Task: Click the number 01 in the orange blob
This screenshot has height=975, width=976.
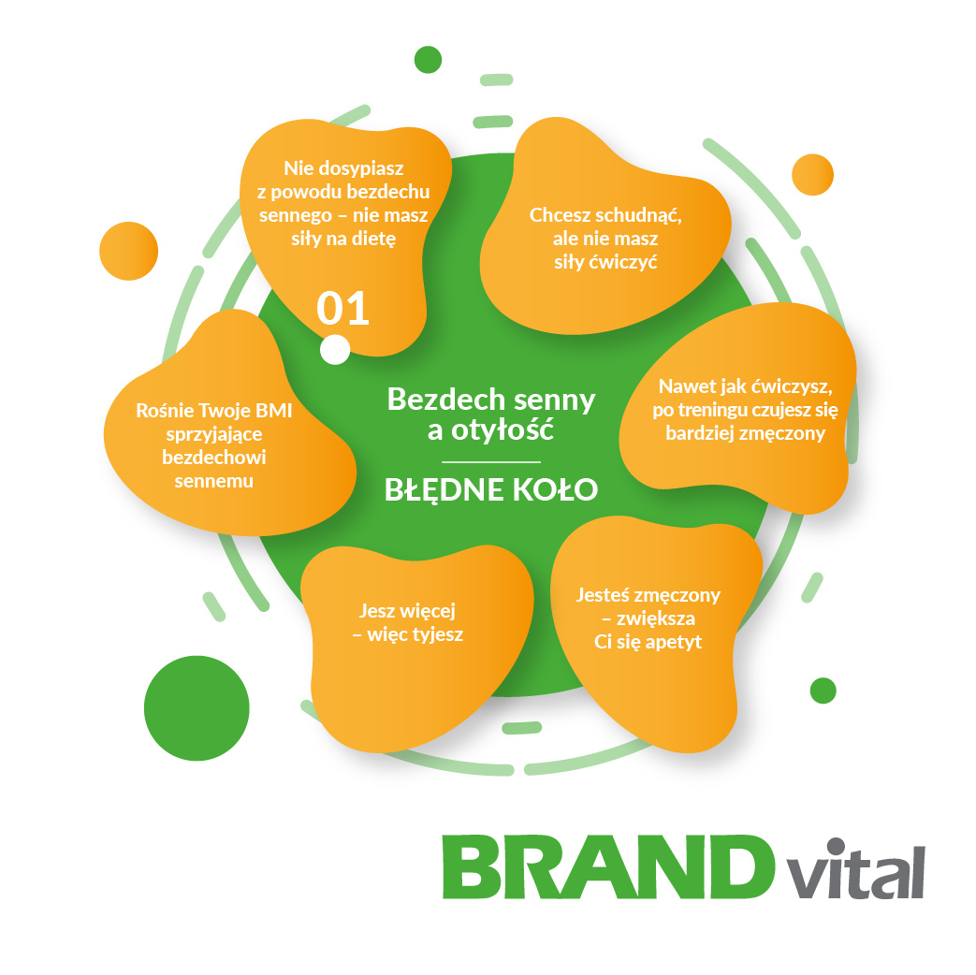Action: click(x=343, y=308)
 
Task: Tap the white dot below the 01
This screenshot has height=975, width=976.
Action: click(x=335, y=349)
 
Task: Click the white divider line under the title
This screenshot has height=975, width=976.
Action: click(x=491, y=462)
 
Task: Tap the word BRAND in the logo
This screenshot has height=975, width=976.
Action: click(x=608, y=867)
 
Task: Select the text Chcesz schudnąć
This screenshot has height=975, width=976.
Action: click(x=605, y=215)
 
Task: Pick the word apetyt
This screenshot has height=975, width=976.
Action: click(x=674, y=642)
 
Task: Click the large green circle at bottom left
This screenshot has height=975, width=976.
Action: click(x=197, y=708)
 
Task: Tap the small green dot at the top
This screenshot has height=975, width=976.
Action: click(x=429, y=60)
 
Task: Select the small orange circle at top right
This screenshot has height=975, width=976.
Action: click(x=813, y=175)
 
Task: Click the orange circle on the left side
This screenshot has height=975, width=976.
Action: click(x=129, y=251)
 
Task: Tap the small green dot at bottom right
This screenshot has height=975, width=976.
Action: click(x=823, y=691)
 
